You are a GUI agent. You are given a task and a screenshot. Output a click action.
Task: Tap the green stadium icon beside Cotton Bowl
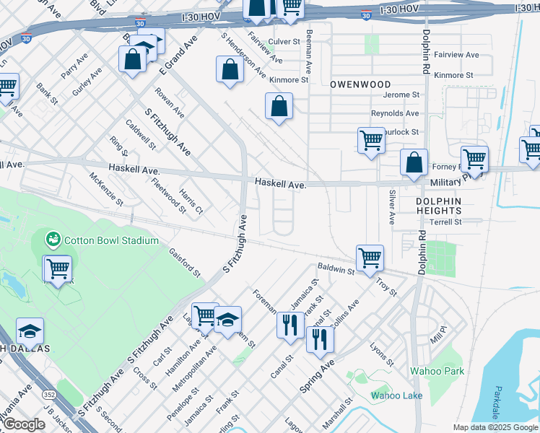(x=53, y=239)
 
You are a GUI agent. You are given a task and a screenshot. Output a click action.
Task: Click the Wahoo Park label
(x=436, y=372)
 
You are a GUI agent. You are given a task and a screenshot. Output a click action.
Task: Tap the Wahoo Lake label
(x=396, y=395)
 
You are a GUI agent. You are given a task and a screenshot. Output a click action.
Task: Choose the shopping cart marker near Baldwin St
(x=370, y=257)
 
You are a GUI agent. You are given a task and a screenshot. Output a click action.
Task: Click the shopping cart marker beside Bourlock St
(x=371, y=140)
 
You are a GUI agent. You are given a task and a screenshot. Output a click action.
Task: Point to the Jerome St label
(x=401, y=95)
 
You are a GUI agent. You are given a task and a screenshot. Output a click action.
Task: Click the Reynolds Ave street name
(x=394, y=113)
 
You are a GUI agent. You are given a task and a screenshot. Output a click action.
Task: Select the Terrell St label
(x=445, y=222)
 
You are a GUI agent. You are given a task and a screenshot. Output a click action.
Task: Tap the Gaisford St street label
(x=184, y=263)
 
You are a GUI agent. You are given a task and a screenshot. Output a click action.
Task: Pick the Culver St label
(x=283, y=42)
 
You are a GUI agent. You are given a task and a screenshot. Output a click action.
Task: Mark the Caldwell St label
(x=141, y=134)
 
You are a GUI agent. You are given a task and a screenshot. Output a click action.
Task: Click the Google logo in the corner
(x=24, y=424)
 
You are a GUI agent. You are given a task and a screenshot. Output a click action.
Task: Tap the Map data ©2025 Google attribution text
(x=495, y=427)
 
